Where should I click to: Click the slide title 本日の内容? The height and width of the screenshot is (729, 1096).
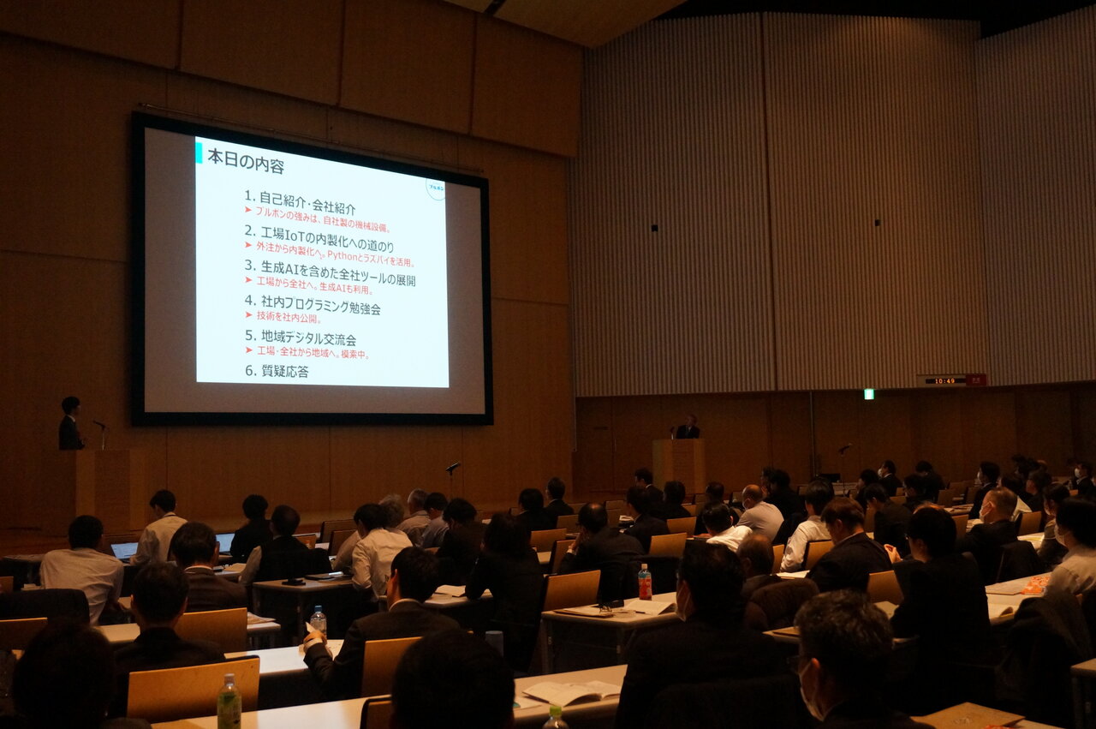click(246, 161)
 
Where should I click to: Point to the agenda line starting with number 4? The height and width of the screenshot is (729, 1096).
click(313, 302)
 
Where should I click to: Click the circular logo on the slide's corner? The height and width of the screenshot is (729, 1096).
click(436, 188)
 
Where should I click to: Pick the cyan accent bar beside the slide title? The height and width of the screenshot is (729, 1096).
click(200, 152)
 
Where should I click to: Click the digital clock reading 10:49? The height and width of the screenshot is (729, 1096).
click(945, 380)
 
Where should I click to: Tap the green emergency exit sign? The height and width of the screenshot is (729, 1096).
click(868, 394)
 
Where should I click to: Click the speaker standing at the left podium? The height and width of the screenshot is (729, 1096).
click(70, 424)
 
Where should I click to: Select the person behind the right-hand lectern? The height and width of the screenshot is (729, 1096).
click(687, 427)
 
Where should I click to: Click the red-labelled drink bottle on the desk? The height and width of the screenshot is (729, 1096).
click(645, 583)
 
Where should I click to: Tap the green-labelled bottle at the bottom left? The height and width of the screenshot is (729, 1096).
click(229, 702)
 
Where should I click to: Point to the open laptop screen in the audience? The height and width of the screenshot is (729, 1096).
click(124, 550)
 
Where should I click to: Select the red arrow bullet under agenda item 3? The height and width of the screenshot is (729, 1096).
click(248, 280)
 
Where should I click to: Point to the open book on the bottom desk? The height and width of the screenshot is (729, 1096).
click(571, 691)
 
